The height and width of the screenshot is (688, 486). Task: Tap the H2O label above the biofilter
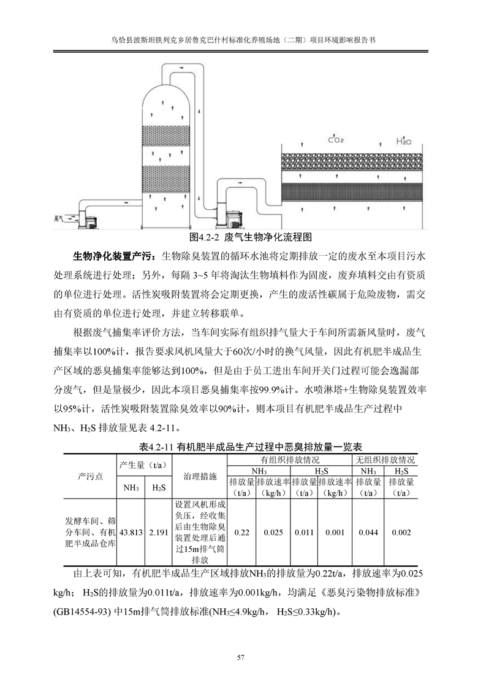(x=403, y=140)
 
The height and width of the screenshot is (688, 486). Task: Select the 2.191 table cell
(x=158, y=532)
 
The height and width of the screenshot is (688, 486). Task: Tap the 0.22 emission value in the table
(x=241, y=532)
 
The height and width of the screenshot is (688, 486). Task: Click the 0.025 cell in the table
(x=273, y=532)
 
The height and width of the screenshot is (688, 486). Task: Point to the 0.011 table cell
(x=304, y=532)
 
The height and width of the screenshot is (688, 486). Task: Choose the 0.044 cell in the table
(x=367, y=532)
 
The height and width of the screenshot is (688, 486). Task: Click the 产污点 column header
(x=89, y=476)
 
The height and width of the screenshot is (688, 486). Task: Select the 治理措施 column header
(x=200, y=476)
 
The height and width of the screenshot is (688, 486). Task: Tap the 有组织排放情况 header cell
(x=288, y=459)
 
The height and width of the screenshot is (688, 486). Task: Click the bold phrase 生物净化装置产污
(x=112, y=255)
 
